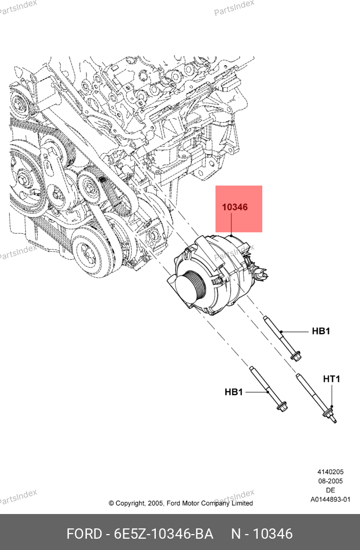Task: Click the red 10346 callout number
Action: [235, 207]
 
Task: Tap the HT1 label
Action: [331, 379]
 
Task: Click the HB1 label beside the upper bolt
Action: [321, 331]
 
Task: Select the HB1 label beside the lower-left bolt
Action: [233, 392]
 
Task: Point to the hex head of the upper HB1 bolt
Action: [296, 355]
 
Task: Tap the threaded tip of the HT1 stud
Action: [334, 420]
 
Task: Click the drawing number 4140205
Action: [330, 472]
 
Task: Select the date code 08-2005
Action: [330, 481]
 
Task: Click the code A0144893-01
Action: [330, 499]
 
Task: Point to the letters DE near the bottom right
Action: [330, 490]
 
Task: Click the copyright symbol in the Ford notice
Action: [111, 504]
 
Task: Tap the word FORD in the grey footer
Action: [84, 534]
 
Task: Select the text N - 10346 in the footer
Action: [262, 534]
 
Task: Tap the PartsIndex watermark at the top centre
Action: [235, 8]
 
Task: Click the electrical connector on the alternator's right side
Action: [260, 271]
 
